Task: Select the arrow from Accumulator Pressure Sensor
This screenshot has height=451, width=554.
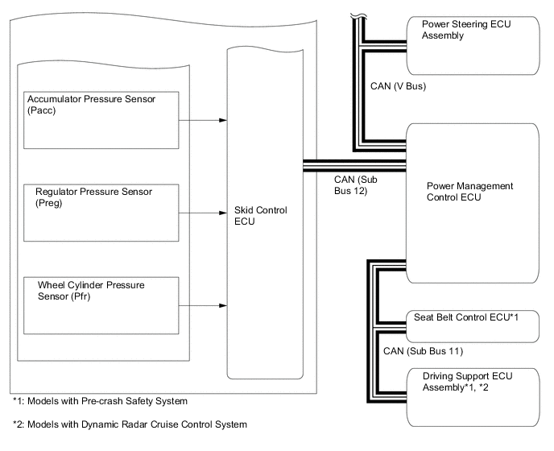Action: coord(201,121)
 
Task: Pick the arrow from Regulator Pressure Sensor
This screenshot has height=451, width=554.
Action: coord(201,214)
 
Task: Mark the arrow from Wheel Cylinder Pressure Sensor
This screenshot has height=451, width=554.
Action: coord(201,306)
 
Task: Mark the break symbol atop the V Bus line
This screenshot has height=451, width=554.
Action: coord(354,15)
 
